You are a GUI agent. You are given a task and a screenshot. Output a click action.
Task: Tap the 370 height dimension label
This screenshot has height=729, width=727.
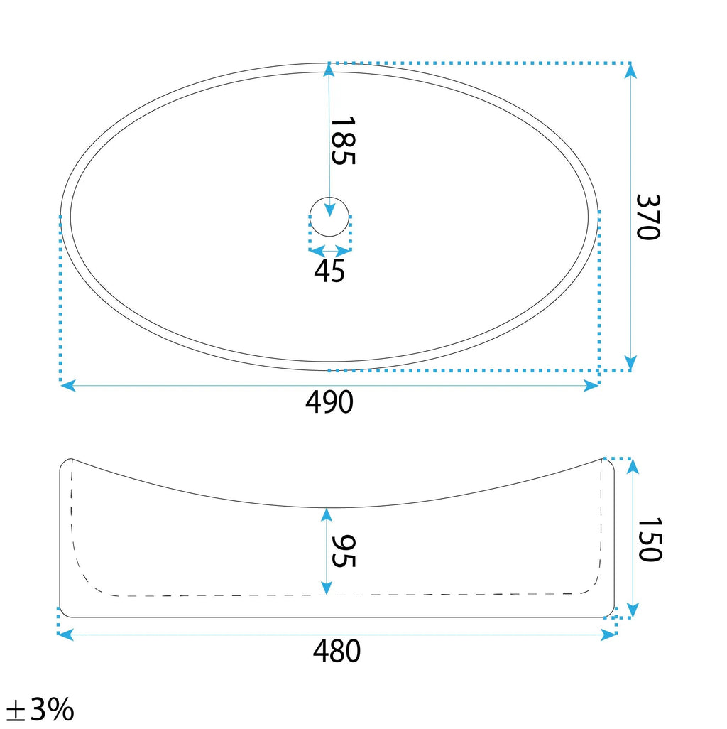point(647,217)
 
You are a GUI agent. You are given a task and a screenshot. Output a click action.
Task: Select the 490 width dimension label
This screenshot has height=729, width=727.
point(329,402)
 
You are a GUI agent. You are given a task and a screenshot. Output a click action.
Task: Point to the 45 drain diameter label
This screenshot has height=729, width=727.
point(329,271)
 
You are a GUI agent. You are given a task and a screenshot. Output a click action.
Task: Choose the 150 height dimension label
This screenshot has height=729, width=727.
point(650,539)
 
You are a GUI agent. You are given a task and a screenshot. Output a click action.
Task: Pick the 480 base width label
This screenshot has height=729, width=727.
point(337,651)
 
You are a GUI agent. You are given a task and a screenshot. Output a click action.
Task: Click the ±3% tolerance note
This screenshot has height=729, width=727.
point(40,709)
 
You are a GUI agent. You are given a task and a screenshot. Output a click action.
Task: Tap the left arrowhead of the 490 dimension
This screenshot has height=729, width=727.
point(68,385)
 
